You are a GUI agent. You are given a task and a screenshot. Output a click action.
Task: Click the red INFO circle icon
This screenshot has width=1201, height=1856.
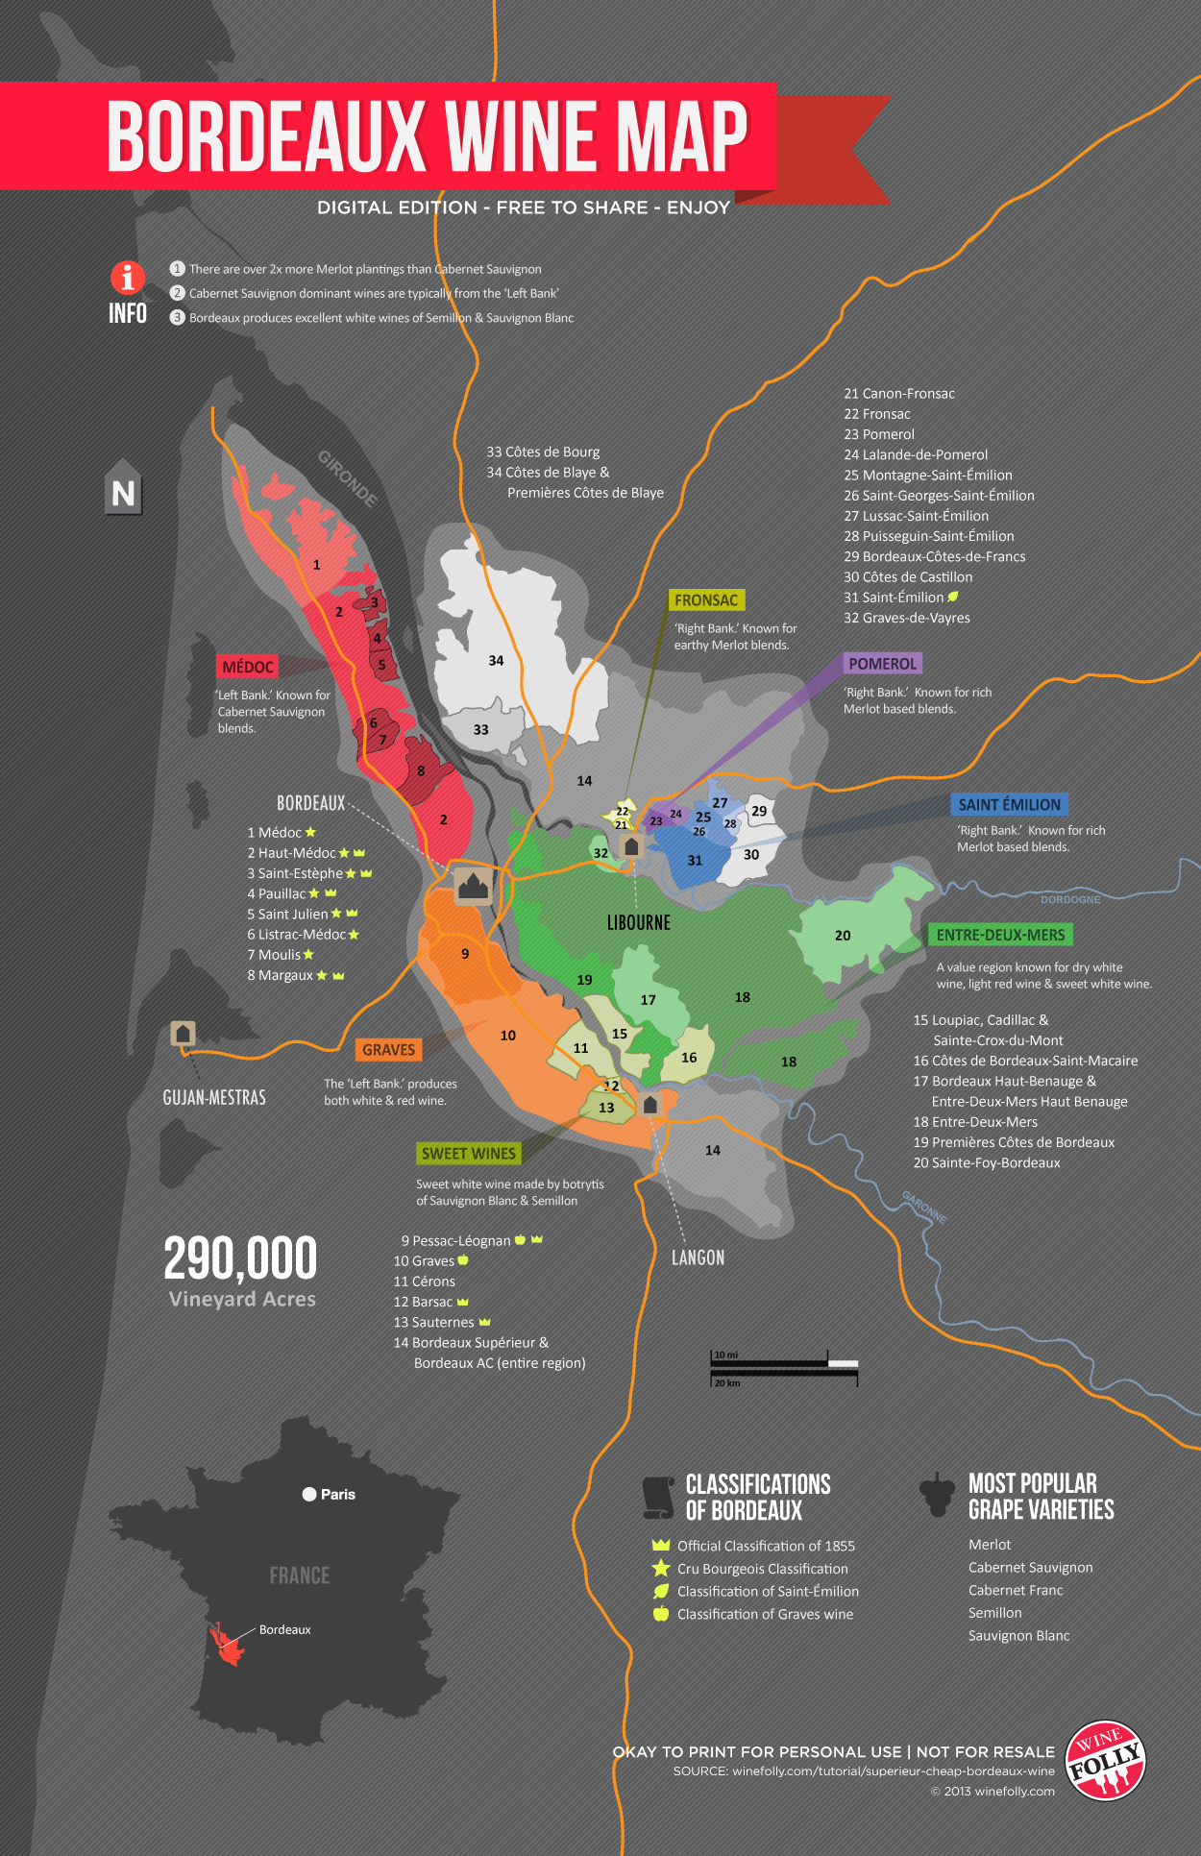click(x=128, y=278)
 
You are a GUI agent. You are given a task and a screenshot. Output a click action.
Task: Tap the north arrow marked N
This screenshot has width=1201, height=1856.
click(x=123, y=492)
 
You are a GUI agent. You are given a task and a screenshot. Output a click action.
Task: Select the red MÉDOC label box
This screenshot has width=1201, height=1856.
click(x=248, y=667)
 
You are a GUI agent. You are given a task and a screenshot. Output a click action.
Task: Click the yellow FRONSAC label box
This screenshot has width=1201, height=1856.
click(x=706, y=600)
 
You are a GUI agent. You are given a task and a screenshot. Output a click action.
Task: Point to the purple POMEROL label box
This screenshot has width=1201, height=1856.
click(x=882, y=664)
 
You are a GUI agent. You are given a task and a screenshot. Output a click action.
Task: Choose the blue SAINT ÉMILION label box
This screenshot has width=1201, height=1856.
click(x=1009, y=805)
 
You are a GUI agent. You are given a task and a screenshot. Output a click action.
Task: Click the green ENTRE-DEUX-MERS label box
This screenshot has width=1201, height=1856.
click(x=1000, y=935)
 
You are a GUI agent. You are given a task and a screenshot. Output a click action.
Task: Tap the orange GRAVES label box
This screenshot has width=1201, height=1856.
click(x=388, y=1050)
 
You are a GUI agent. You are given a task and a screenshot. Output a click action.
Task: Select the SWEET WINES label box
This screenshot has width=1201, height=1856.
click(x=469, y=1153)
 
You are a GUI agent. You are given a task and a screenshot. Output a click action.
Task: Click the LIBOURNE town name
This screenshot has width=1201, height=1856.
click(x=639, y=922)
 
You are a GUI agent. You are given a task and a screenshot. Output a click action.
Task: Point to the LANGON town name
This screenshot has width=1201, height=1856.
click(x=698, y=1258)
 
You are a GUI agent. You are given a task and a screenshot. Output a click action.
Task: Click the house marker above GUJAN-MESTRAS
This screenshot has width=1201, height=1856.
click(x=183, y=1034)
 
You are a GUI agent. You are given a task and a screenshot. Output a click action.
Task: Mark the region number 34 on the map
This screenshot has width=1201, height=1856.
click(x=496, y=661)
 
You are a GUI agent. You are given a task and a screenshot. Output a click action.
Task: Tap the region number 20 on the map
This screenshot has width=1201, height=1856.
click(x=843, y=936)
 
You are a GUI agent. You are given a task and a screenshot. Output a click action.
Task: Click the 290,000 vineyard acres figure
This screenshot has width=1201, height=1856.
click(x=240, y=1258)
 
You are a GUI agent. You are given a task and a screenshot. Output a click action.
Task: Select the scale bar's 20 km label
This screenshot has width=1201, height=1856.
click(x=727, y=1383)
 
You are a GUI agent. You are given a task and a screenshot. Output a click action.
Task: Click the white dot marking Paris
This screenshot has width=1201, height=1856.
click(x=309, y=1494)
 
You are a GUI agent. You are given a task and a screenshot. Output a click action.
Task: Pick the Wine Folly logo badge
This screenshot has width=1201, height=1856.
click(x=1106, y=1760)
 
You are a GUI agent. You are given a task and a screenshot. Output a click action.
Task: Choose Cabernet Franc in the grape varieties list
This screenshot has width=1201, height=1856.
click(x=1016, y=1590)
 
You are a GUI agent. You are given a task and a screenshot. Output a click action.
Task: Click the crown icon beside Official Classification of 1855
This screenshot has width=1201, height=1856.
click(x=660, y=1545)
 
